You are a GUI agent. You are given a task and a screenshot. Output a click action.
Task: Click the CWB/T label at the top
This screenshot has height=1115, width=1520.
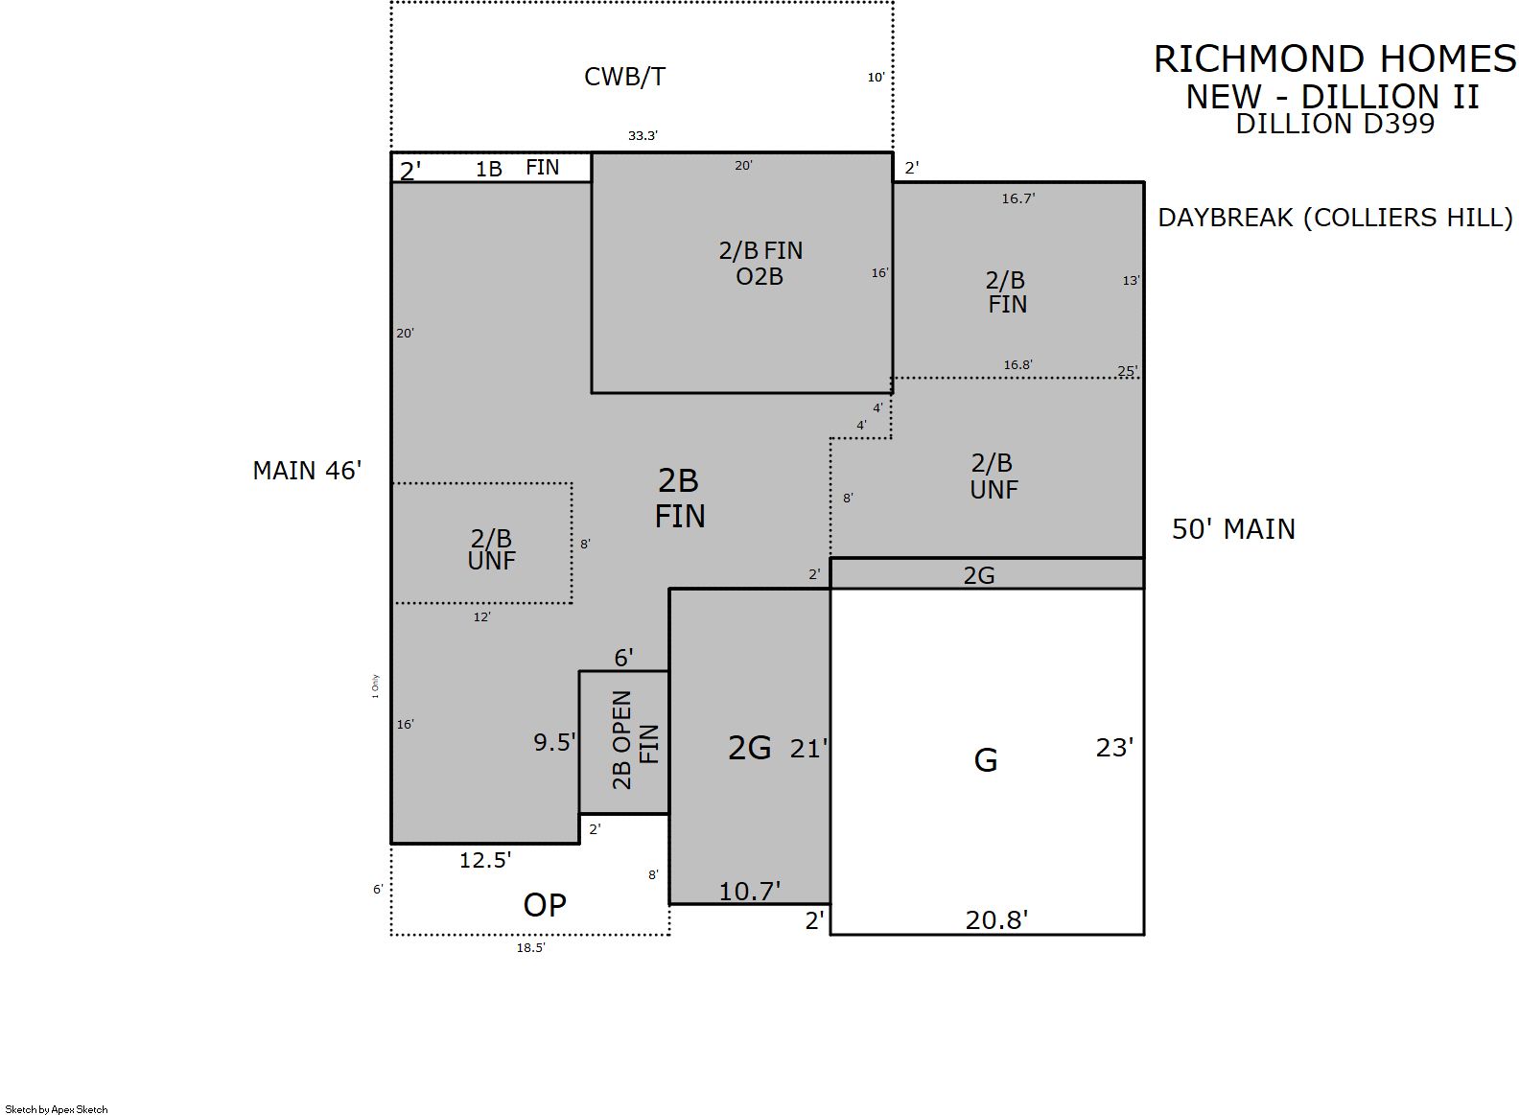click(624, 77)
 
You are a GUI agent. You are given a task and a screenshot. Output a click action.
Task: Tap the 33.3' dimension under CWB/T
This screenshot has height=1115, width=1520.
click(643, 135)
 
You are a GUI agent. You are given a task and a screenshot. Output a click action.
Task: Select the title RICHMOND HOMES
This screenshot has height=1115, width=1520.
click(1335, 59)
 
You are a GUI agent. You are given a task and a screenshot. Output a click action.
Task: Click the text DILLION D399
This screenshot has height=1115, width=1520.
click(1335, 124)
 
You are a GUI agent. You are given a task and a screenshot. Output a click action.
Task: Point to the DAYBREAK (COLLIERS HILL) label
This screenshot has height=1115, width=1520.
click(1335, 217)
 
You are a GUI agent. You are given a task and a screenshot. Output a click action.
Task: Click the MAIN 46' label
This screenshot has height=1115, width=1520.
click(307, 470)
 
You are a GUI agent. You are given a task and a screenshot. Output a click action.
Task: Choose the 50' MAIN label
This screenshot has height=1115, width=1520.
click(1233, 529)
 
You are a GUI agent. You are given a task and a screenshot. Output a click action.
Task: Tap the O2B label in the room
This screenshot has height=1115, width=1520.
click(760, 277)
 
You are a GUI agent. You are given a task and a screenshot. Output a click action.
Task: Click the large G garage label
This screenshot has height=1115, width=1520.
click(985, 760)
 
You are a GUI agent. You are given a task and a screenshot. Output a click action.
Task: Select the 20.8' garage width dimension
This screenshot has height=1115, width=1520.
click(996, 919)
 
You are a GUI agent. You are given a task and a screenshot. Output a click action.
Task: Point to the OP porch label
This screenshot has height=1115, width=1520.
click(544, 905)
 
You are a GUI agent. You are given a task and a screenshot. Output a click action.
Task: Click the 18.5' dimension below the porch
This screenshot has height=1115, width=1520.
click(530, 947)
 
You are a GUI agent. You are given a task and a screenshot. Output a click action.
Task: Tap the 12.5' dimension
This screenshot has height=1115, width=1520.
click(485, 860)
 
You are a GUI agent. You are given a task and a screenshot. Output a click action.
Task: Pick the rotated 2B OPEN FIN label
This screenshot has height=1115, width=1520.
click(635, 740)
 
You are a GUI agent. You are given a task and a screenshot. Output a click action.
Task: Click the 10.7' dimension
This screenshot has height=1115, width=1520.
click(750, 892)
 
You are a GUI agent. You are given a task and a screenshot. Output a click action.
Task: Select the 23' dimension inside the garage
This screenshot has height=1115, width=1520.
click(1114, 748)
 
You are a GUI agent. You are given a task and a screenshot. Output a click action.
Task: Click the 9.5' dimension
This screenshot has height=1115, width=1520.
click(554, 742)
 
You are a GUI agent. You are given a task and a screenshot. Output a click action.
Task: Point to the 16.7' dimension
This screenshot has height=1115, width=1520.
click(1017, 198)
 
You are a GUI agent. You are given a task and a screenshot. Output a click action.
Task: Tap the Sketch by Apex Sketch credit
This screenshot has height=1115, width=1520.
click(57, 1109)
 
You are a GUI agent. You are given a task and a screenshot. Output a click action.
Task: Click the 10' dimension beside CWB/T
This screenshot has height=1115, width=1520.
click(876, 78)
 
